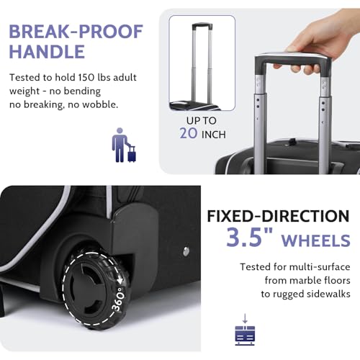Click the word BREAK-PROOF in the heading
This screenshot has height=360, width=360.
tap(76, 32)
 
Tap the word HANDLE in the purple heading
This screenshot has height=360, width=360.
tap(47, 51)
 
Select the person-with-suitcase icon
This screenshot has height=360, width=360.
tap(124, 145)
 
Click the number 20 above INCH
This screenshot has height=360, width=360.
tap(189, 133)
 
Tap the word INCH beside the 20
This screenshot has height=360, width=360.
tap(214, 135)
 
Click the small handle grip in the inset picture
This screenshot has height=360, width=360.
tap(202, 25)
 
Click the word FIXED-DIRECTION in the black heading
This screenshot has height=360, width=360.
tap(278, 216)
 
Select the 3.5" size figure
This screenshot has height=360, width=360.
tap(250, 237)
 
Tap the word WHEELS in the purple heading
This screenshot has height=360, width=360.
tap(316, 240)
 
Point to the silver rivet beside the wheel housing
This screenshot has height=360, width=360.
tap(186, 251)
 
